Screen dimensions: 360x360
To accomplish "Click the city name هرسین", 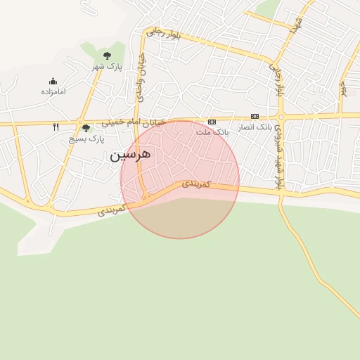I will (130, 155).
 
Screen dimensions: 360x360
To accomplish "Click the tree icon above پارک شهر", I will (107, 55).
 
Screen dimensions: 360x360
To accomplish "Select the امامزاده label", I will (53, 92).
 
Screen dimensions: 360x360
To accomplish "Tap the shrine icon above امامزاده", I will (53, 81).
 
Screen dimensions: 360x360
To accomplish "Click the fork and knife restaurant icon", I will (56, 127).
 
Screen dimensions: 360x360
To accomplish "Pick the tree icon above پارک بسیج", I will (86, 128).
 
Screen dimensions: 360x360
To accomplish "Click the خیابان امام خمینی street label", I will (134, 122).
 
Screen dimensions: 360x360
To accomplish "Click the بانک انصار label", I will (255, 127).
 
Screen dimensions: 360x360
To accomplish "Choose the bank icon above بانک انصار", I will (255, 116).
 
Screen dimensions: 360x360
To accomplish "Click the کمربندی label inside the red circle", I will (196, 184).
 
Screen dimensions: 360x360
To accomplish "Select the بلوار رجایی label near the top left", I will (163, 34).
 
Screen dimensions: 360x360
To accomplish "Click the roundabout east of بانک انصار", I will (280, 116).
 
